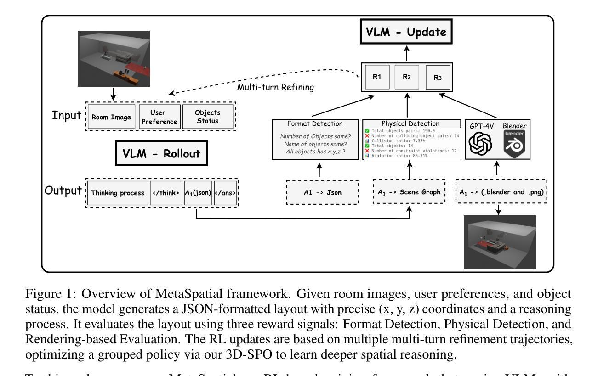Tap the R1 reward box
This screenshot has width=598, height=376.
pos(377,76)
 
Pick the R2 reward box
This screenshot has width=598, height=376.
pos(406,76)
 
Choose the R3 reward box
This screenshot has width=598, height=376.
pos(438,77)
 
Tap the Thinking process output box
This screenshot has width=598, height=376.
pos(117,193)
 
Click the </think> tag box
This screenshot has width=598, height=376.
pos(166,193)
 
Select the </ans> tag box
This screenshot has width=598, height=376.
pos(225,193)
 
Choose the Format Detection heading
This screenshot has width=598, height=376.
pos(315,123)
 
